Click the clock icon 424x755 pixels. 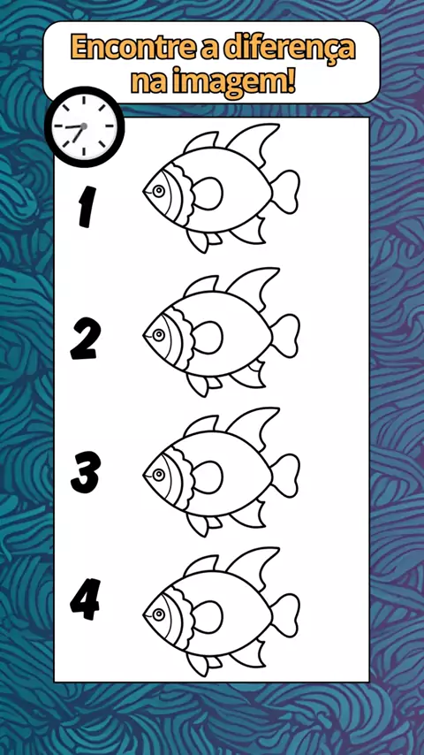point(84,126)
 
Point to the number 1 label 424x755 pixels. point(87,207)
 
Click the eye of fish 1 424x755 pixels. point(158,191)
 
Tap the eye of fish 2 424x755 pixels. point(158,334)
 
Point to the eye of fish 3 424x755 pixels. point(158,476)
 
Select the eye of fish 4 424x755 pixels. point(158,615)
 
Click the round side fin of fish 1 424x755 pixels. point(208,193)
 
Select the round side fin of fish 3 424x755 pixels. point(208,477)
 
